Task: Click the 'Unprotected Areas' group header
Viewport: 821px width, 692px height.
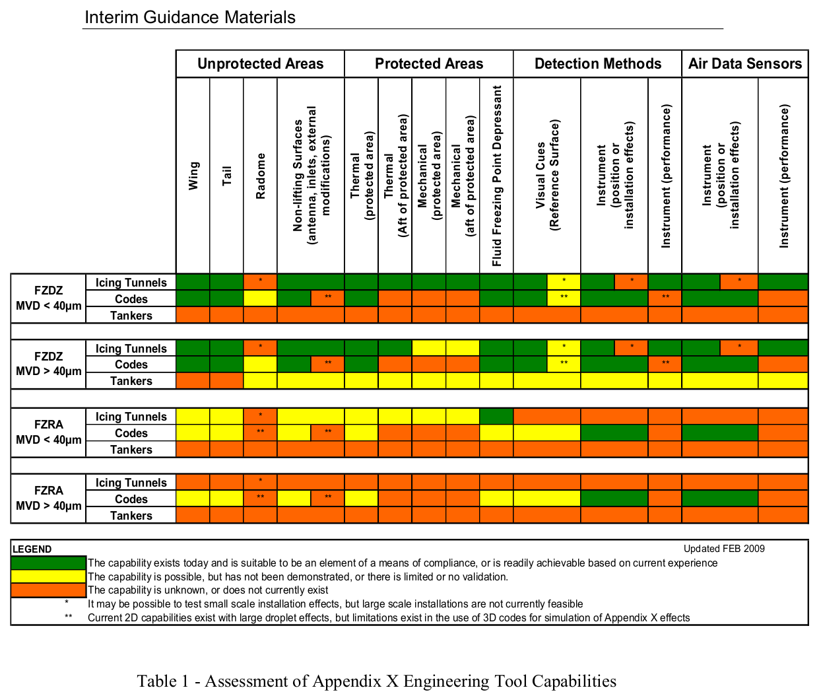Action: click(260, 64)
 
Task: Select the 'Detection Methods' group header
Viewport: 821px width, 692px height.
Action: click(597, 64)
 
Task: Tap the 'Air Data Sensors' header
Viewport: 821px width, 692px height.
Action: click(744, 64)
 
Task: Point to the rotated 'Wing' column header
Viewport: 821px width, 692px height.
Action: click(193, 176)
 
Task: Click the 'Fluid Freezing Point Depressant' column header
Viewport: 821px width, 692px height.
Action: click(497, 176)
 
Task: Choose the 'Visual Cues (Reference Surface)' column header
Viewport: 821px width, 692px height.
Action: click(547, 176)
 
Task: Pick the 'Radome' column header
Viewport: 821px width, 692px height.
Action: click(261, 176)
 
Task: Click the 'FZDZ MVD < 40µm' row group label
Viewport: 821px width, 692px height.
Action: click(49, 298)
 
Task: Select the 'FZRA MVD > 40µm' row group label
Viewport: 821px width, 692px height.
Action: click(49, 499)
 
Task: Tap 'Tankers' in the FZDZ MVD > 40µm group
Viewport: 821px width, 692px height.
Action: click(131, 381)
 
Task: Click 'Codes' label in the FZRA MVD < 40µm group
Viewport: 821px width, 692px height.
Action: click(131, 433)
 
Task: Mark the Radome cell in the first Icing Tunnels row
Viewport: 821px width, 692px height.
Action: click(261, 282)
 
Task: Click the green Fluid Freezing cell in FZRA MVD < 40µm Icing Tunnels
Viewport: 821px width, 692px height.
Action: click(496, 416)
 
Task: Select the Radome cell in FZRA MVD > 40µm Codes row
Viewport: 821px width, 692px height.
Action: click(261, 499)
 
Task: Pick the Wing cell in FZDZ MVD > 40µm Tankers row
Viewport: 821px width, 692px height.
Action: click(193, 381)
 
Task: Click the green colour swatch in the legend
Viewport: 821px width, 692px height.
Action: click(49, 563)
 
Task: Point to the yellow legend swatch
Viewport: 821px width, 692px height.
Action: click(49, 576)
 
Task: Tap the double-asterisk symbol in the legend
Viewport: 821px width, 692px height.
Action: click(68, 618)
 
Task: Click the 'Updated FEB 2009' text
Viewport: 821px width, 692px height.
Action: click(724, 549)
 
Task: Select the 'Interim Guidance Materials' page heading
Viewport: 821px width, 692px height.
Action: click(190, 17)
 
